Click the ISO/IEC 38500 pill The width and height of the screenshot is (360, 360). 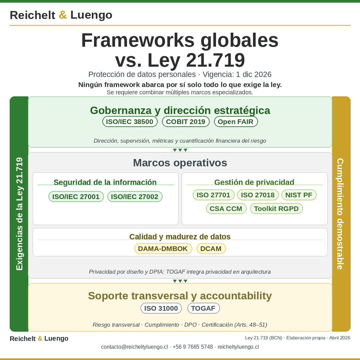tap(130, 122)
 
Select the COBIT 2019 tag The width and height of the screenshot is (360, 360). tap(186, 122)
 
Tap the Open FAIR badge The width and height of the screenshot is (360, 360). tap(236, 122)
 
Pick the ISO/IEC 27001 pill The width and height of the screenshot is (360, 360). tap(76, 197)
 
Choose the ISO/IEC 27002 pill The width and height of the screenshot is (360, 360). tap(135, 197)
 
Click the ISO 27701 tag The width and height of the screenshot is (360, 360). tap(213, 195)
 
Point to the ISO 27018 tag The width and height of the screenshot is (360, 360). tap(258, 195)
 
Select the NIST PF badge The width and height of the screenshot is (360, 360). tap(299, 195)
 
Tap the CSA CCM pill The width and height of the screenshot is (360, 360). tap(226, 209)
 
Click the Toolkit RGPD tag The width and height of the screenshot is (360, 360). tap(276, 209)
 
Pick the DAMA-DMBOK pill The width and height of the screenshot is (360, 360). tap(163, 249)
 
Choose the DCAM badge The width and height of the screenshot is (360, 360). tap(211, 249)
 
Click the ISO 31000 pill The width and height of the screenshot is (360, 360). tap(161, 308)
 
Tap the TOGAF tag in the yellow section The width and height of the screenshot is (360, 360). tap(203, 308)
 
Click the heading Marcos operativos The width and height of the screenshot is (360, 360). tap(180, 163)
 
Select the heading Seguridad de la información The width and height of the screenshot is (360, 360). tap(105, 182)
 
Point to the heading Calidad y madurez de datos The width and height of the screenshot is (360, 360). tap(180, 237)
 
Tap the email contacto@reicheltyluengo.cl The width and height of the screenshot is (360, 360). tap(134, 347)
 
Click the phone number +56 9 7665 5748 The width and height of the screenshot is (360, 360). tap(193, 347)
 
